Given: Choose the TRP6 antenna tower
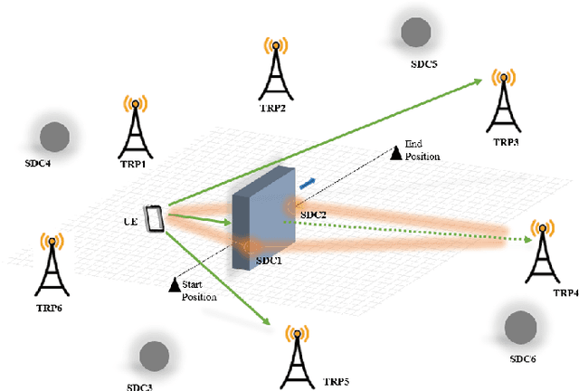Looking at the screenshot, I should click(x=51, y=266).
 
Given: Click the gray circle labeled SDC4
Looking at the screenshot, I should click(x=53, y=137).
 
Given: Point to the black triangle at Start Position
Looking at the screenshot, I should click(x=175, y=285).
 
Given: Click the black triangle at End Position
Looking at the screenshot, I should click(x=395, y=153).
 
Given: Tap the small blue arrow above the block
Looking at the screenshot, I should click(x=308, y=184).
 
